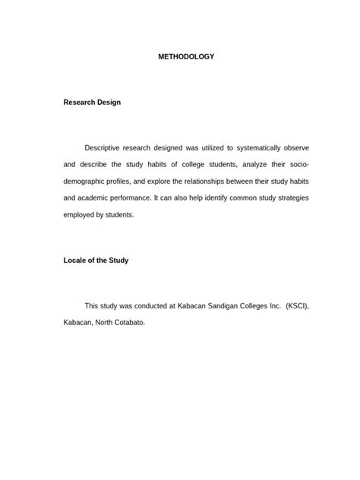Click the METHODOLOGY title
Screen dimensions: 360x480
point(180,57)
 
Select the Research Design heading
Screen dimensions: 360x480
point(91,102)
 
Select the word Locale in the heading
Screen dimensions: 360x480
point(75,260)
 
